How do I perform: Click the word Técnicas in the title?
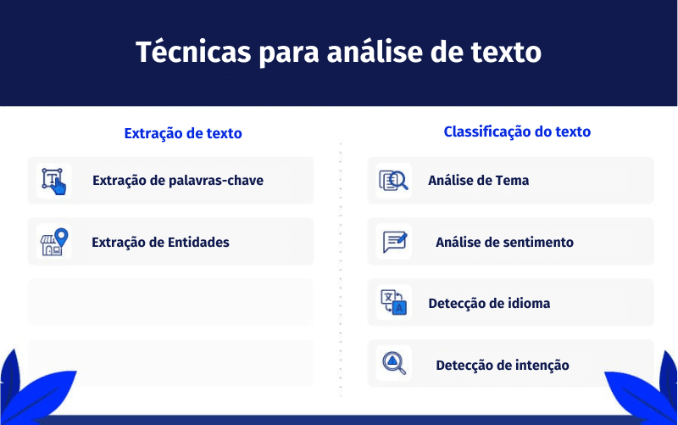click(x=193, y=52)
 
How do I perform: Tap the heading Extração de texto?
click(x=183, y=133)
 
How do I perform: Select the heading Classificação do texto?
click(x=517, y=131)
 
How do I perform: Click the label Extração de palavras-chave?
click(x=178, y=180)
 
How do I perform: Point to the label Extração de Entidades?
click(x=160, y=242)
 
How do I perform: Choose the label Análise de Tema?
click(x=478, y=180)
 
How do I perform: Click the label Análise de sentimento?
click(x=504, y=242)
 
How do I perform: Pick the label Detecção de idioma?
click(x=489, y=304)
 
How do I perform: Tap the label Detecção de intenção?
click(x=503, y=366)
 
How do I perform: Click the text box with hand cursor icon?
click(x=54, y=182)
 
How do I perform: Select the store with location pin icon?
click(x=54, y=242)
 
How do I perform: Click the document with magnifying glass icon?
click(x=393, y=181)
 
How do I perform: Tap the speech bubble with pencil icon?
click(x=395, y=242)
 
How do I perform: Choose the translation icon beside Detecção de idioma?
click(x=393, y=302)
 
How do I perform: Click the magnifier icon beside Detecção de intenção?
click(x=394, y=363)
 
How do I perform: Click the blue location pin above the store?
click(x=61, y=237)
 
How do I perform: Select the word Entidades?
click(x=198, y=242)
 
